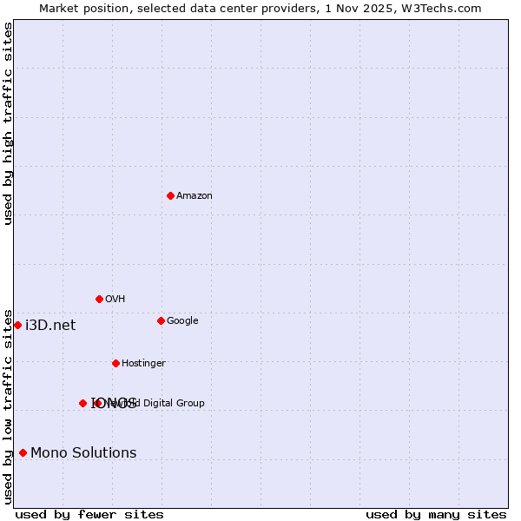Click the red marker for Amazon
tap(170, 195)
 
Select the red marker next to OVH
tap(99, 299)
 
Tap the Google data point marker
tap(161, 320)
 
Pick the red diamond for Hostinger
tap(115, 363)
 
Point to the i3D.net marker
tap(17, 325)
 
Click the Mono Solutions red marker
tap(23, 452)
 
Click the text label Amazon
tap(195, 196)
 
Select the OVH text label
tap(115, 300)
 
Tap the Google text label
tap(182, 321)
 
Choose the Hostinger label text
tap(143, 364)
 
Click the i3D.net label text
tap(50, 326)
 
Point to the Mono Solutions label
tap(83, 453)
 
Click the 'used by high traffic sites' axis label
tap(9, 123)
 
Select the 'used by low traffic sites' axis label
tap(9, 406)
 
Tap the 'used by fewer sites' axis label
tap(89, 515)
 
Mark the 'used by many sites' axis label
tap(436, 515)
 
